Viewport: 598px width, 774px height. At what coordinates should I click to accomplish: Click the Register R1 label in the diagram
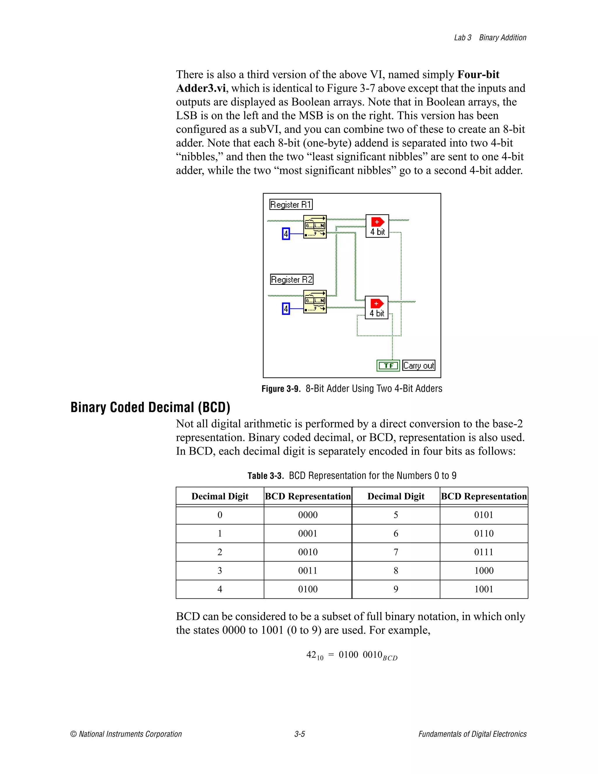pyautogui.click(x=291, y=204)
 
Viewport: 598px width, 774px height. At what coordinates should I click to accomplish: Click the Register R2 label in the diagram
pyautogui.click(x=292, y=279)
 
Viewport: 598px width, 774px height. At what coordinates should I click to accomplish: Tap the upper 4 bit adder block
pyautogui.click(x=377, y=226)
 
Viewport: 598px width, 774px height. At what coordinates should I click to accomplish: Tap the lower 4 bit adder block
pyautogui.click(x=377, y=308)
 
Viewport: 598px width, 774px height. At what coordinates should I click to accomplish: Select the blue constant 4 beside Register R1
pyautogui.click(x=286, y=234)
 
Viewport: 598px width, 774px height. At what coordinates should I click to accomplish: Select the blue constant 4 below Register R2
pyautogui.click(x=286, y=309)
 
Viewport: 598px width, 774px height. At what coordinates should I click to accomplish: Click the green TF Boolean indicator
pyautogui.click(x=388, y=365)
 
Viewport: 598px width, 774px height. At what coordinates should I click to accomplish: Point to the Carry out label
pyautogui.click(x=419, y=365)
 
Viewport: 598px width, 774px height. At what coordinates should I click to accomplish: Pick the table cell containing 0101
pyautogui.click(x=484, y=515)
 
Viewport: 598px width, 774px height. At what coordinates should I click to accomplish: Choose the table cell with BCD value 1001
pyautogui.click(x=484, y=589)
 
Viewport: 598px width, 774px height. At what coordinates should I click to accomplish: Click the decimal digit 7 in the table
pyautogui.click(x=396, y=552)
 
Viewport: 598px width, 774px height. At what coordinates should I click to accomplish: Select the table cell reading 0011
pyautogui.click(x=307, y=571)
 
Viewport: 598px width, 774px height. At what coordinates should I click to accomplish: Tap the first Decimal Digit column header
pyautogui.click(x=220, y=496)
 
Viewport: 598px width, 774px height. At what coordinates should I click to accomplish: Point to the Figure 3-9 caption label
pyautogui.click(x=281, y=389)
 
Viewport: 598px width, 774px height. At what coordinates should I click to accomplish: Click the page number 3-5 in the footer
pyautogui.click(x=299, y=734)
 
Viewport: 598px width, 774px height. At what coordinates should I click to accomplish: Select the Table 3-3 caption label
pyautogui.click(x=265, y=475)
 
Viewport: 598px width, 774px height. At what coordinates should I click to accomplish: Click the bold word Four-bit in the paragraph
pyautogui.click(x=478, y=74)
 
